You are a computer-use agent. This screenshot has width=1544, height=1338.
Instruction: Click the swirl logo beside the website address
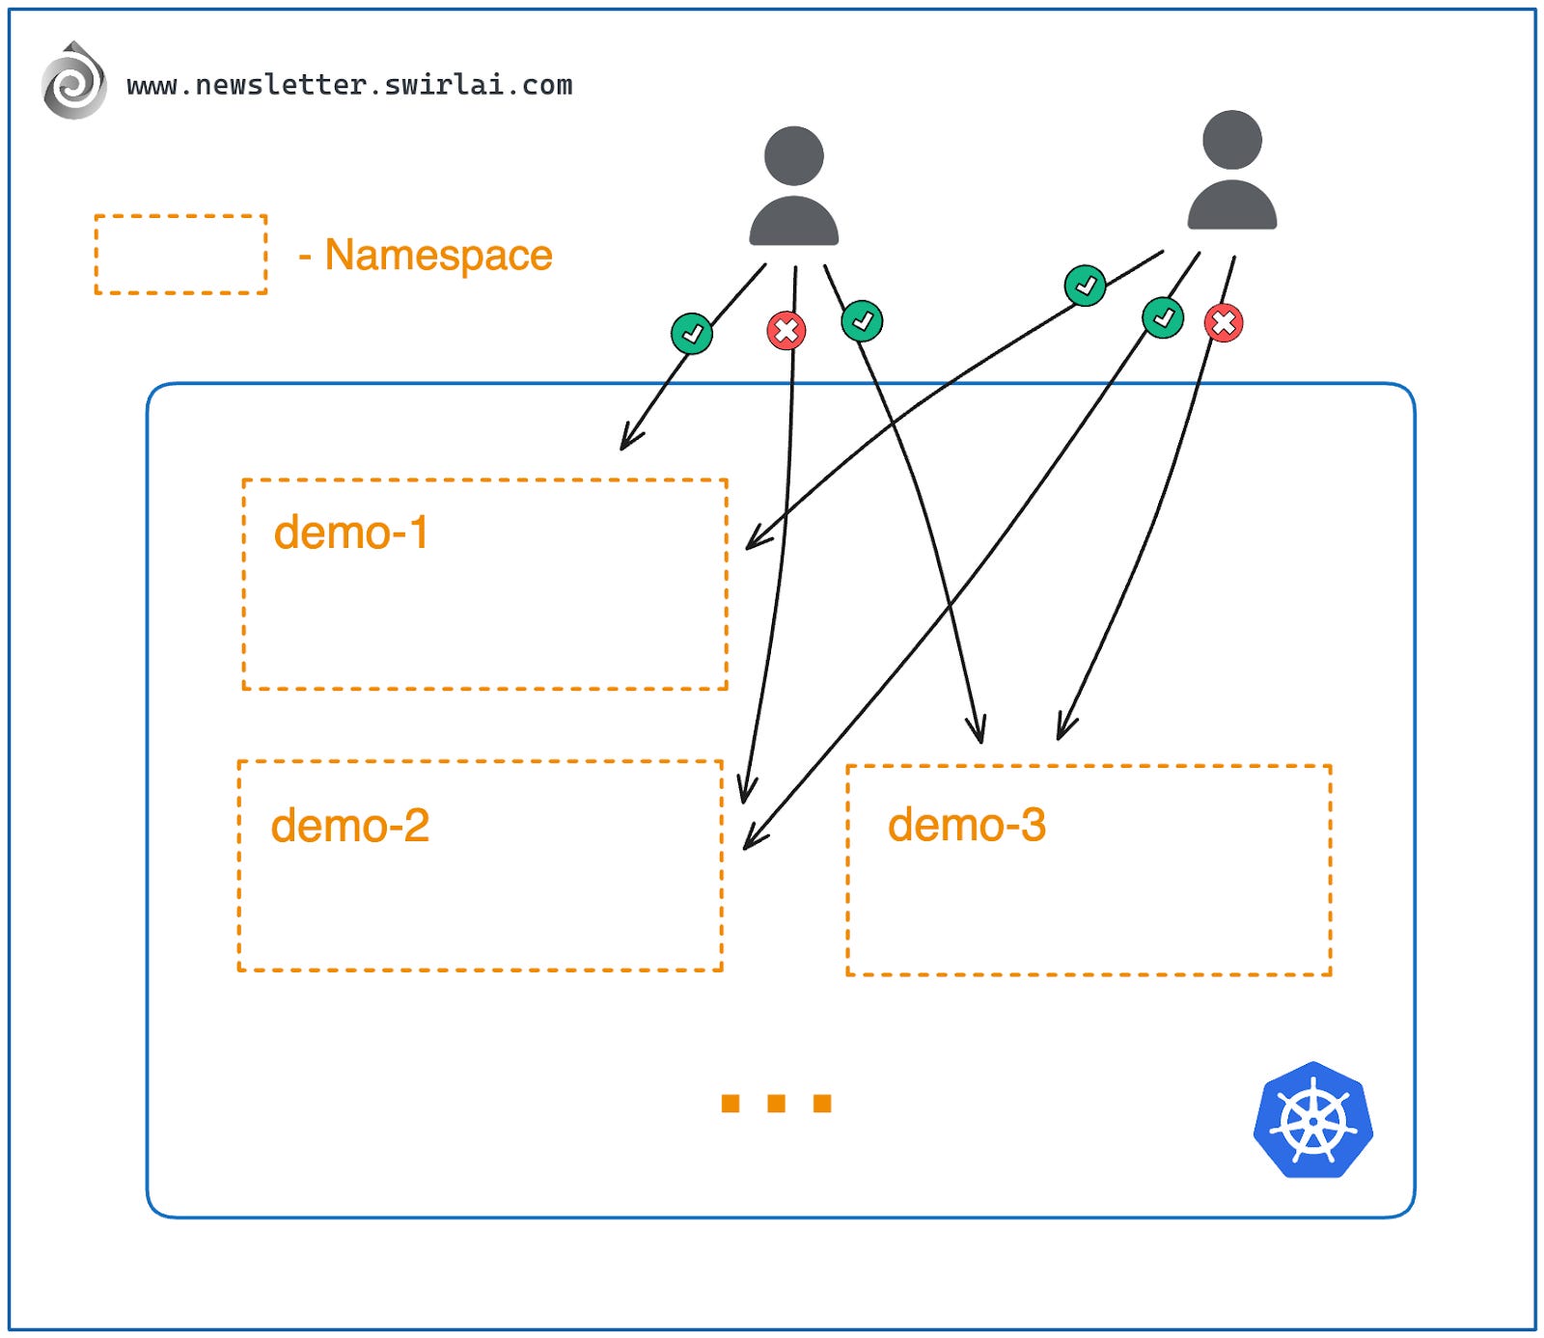pos(73,83)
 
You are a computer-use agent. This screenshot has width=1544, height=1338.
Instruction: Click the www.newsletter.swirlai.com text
pos(349,85)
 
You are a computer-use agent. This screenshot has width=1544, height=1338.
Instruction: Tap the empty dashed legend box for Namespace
pos(180,255)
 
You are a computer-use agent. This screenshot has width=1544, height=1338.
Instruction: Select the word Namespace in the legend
pos(438,256)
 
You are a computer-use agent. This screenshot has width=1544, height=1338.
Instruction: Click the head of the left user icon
pos(793,155)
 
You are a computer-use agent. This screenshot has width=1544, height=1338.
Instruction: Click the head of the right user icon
pos(1231,140)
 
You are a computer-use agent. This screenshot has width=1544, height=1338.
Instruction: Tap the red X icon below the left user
pos(786,331)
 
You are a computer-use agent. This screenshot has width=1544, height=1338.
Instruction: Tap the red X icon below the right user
pos(1224,323)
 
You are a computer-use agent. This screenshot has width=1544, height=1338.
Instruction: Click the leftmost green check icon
pos(692,334)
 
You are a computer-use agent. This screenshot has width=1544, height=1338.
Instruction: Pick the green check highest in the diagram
pos(1085,286)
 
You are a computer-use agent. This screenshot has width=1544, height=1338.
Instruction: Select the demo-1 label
pos(350,532)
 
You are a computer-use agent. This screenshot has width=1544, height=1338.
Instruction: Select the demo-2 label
pos(349,826)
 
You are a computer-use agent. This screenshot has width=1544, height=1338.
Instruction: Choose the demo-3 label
pos(966,825)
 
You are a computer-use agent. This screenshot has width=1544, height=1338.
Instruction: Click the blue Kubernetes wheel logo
pos(1312,1121)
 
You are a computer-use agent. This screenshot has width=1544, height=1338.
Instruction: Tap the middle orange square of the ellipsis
pos(776,1103)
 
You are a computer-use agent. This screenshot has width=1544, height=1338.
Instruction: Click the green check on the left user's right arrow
pos(862,321)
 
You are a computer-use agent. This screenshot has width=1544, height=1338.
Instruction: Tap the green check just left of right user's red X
pos(1163,317)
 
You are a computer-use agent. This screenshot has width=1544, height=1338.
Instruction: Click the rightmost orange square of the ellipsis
pos(822,1103)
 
